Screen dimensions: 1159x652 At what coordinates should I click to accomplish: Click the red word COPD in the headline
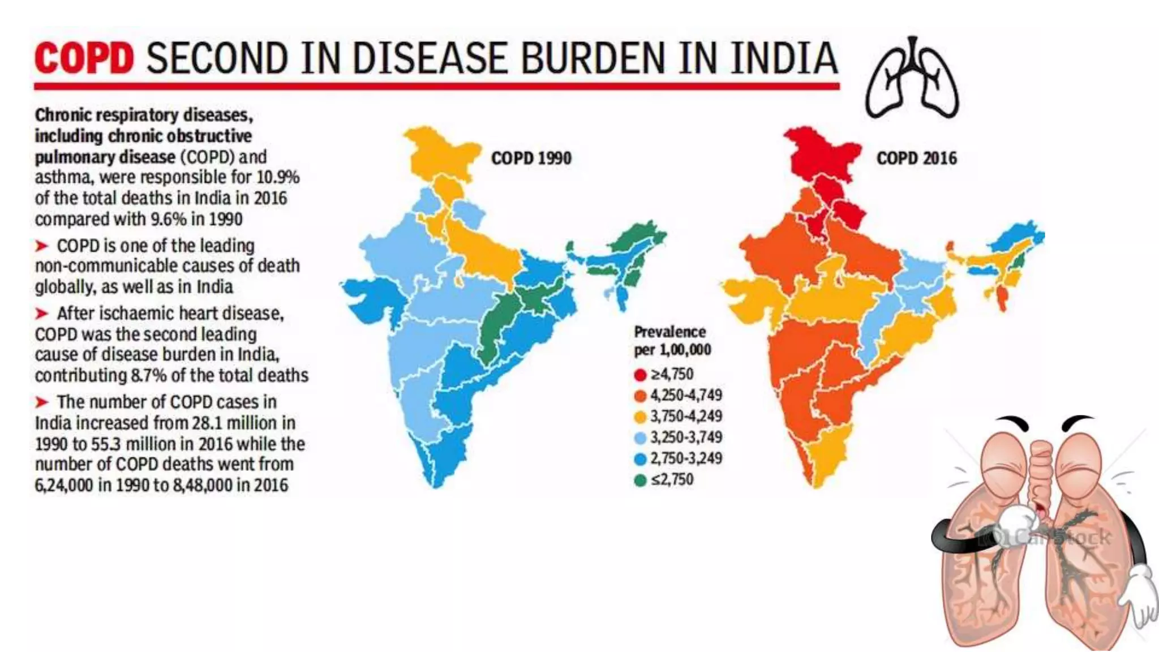coord(84,58)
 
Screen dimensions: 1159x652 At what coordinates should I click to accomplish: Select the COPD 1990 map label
coord(531,158)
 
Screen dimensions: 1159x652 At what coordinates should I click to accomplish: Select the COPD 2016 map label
coord(917,158)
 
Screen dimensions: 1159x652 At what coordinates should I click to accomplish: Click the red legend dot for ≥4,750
coord(640,375)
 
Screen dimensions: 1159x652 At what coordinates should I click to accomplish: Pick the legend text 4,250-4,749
coord(686,395)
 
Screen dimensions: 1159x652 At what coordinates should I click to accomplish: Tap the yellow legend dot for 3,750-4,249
coord(640,417)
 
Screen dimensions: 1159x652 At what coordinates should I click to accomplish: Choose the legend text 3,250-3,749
coord(686,437)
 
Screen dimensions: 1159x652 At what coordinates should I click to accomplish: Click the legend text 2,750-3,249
coord(686,458)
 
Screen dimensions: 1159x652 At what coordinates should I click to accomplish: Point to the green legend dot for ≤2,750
coord(640,481)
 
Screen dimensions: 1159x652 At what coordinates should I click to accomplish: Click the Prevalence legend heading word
coord(669,332)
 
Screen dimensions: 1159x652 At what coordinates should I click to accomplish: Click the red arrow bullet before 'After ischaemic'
coord(42,313)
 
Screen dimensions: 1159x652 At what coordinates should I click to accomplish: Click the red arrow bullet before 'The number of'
coord(42,402)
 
